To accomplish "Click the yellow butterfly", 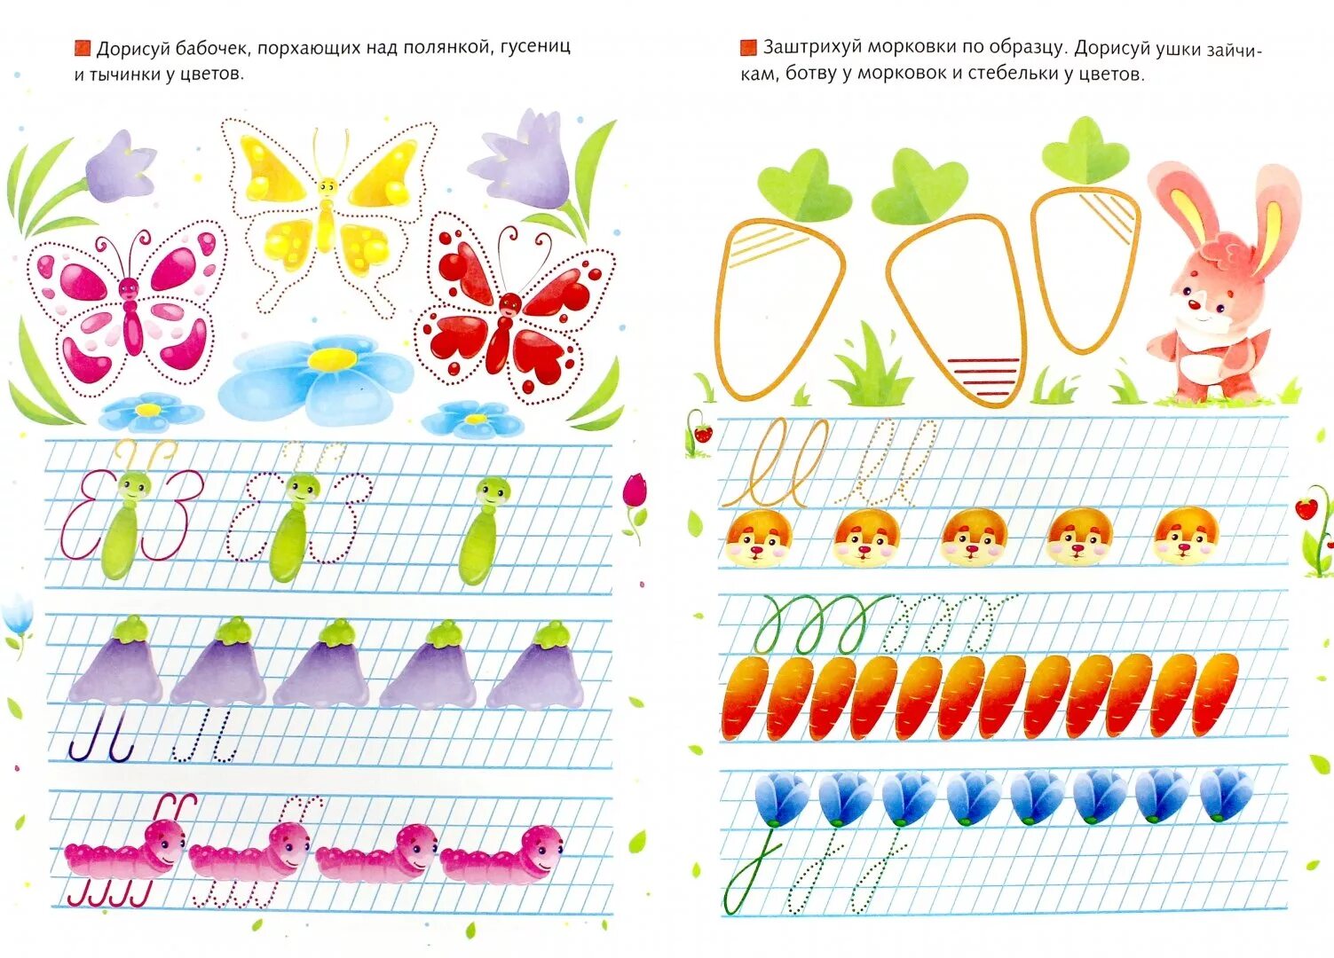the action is tap(328, 213).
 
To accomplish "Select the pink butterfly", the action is tap(130, 306).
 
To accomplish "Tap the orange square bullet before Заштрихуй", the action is tap(748, 47).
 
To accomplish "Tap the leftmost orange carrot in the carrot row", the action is tap(745, 697).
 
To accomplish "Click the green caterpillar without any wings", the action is tap(485, 532).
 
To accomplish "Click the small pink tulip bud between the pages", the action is tap(635, 492).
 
